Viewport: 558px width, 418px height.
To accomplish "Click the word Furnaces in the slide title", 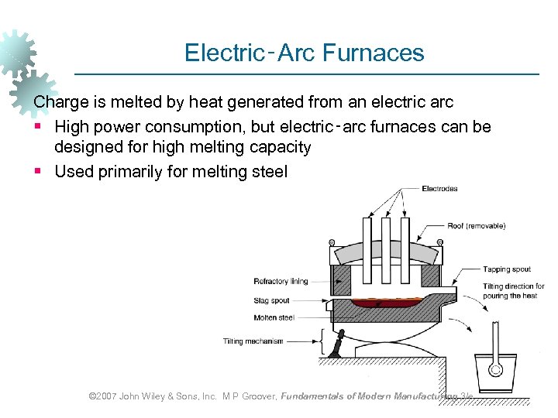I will (x=374, y=53).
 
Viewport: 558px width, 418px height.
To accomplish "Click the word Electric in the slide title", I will (x=225, y=53).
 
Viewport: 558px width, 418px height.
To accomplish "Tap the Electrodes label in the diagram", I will (x=439, y=189).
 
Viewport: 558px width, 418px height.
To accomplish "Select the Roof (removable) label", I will (x=476, y=226).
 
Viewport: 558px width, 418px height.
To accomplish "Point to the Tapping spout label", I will (x=507, y=269).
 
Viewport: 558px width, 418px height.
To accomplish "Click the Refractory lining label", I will (x=281, y=281).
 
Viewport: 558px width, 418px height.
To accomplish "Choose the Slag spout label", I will (x=271, y=300).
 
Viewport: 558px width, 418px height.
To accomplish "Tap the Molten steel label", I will (x=274, y=317).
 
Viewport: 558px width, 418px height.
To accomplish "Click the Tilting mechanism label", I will (x=253, y=341).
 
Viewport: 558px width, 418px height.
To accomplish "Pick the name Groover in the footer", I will (x=256, y=396).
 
